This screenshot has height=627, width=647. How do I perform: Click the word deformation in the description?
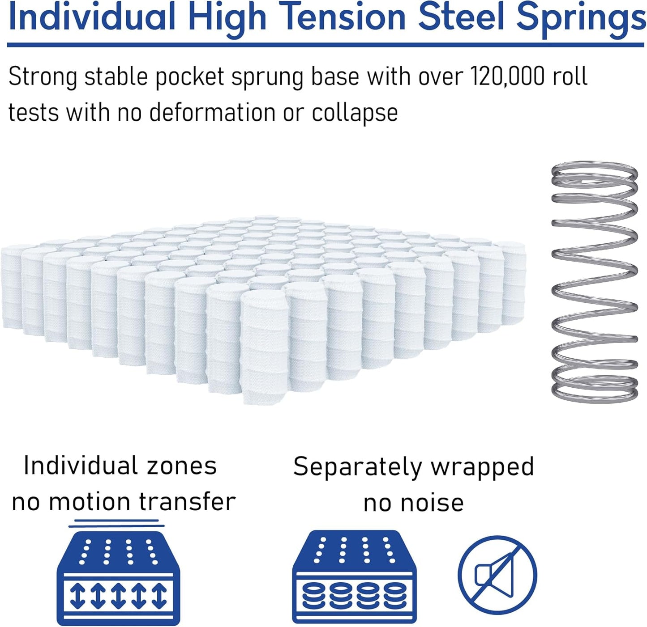pyautogui.click(x=212, y=112)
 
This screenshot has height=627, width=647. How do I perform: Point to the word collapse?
pyautogui.click(x=355, y=113)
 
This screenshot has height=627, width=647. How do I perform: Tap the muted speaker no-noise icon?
pyautogui.click(x=497, y=575)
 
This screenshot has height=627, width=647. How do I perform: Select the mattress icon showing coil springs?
pyautogui.click(x=354, y=577)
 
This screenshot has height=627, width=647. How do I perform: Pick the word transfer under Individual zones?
pyautogui.click(x=187, y=502)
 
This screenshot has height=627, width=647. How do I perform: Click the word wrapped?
pyautogui.click(x=482, y=467)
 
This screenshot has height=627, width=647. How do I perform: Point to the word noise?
pyautogui.click(x=432, y=503)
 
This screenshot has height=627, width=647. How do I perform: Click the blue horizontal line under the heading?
pyautogui.click(x=326, y=45)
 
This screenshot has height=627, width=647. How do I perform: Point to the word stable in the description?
pyautogui.click(x=116, y=77)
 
